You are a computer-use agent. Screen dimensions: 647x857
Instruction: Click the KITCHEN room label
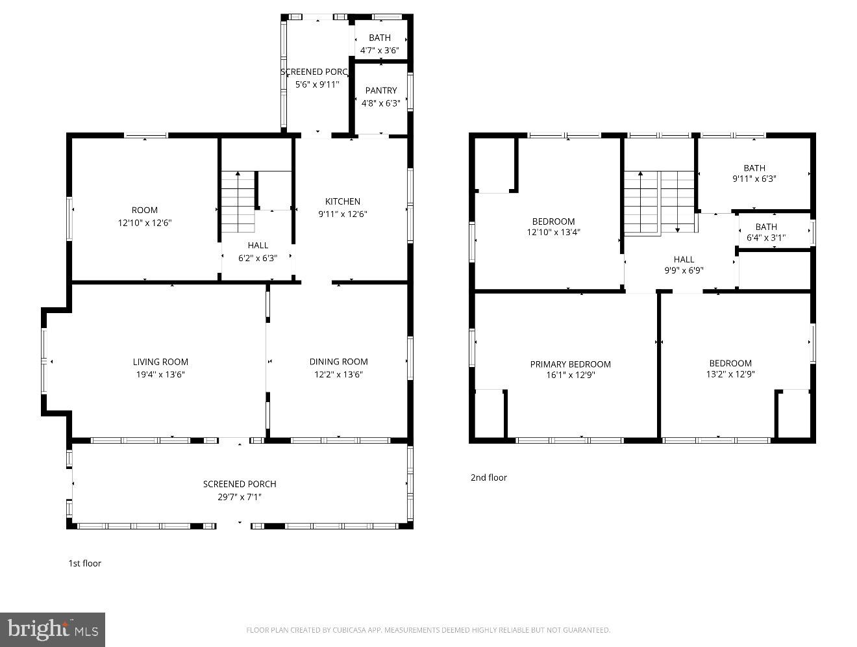tap(342, 201)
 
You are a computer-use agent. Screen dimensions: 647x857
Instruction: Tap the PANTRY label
tap(380, 90)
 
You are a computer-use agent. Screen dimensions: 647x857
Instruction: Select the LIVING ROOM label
tap(160, 362)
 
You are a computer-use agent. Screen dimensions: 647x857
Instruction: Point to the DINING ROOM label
tap(338, 362)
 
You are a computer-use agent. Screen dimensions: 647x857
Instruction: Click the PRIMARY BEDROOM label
tap(570, 364)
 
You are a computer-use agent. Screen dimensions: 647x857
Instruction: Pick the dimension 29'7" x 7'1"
tap(240, 497)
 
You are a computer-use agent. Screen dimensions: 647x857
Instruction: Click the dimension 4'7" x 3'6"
tap(380, 50)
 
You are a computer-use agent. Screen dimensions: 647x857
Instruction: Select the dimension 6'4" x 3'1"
tap(766, 238)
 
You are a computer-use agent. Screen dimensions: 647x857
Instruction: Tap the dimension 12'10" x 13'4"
tap(553, 232)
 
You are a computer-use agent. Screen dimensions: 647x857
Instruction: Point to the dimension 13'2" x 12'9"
tap(730, 374)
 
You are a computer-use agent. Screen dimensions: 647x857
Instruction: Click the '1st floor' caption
tap(85, 563)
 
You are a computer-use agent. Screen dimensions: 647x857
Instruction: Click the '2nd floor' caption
tap(488, 477)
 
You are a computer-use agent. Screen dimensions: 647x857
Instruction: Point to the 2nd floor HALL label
tap(684, 259)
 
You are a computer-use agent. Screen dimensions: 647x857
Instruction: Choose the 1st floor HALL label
tap(258, 246)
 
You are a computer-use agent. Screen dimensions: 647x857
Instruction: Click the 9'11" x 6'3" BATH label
tap(754, 168)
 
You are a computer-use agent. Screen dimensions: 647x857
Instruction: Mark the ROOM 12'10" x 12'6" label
tap(144, 210)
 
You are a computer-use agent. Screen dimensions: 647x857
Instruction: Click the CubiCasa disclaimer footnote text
tap(428, 630)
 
